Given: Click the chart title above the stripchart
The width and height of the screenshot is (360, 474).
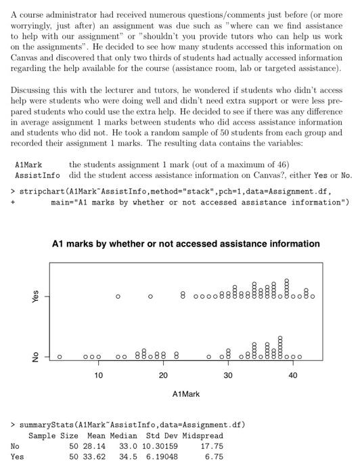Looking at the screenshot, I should click(x=186, y=244).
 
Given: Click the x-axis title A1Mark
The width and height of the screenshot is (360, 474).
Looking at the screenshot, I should click(x=186, y=393).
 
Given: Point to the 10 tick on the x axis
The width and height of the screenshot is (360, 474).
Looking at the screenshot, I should click(x=99, y=374).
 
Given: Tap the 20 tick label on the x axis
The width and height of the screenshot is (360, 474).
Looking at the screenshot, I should click(x=163, y=374).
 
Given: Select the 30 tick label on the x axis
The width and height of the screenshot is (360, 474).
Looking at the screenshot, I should click(x=228, y=374).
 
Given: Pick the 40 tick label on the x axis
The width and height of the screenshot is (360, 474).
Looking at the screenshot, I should click(x=292, y=374).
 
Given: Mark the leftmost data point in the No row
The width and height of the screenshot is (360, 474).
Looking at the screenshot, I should click(x=60, y=356).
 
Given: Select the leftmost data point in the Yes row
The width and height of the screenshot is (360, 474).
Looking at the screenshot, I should click(x=118, y=297).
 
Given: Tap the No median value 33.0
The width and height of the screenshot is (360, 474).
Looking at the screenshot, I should click(x=128, y=447).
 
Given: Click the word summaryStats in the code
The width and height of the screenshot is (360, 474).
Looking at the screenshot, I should click(x=47, y=425).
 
